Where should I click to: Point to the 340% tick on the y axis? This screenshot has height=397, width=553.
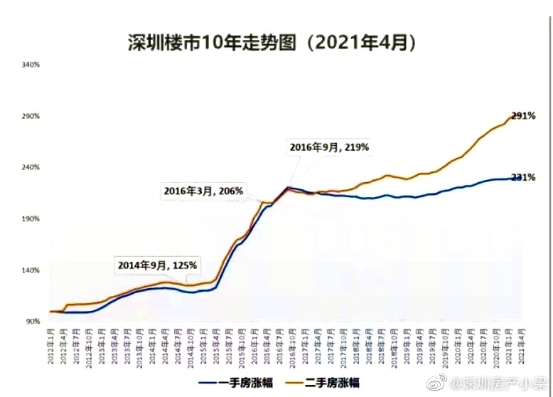[x=31, y=65]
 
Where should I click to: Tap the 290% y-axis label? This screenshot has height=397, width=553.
[x=31, y=116]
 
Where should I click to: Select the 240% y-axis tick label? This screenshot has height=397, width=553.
[x=31, y=167]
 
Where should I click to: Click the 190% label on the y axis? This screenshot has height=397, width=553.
[x=31, y=219]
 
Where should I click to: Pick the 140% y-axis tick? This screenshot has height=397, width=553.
[x=31, y=270]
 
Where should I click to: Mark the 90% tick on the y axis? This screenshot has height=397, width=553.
[x=33, y=322]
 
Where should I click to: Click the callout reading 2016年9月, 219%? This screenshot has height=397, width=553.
[x=329, y=147]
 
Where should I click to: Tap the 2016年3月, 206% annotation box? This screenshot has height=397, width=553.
[x=203, y=191]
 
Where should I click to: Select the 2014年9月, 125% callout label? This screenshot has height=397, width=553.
[x=157, y=265]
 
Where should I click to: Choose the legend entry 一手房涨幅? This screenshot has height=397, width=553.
[x=237, y=382]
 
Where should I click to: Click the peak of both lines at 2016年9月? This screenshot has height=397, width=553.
[x=289, y=187]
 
